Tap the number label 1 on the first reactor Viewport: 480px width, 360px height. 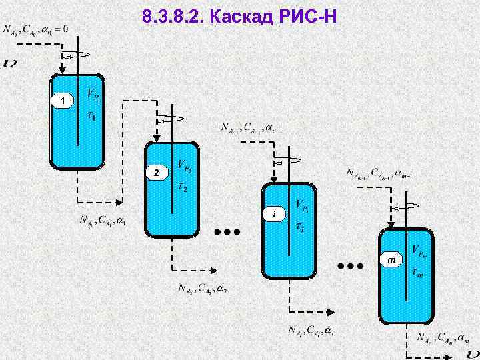pyautogui.click(x=62, y=101)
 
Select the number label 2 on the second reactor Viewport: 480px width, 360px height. pyautogui.click(x=156, y=173)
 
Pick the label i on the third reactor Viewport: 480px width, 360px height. pyautogui.click(x=273, y=214)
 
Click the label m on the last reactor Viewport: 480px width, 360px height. pyautogui.click(x=391, y=259)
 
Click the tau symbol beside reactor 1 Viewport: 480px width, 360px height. pyautogui.click(x=91, y=117)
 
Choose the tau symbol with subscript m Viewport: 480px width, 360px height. pyautogui.click(x=418, y=272)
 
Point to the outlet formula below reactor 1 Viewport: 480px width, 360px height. pyautogui.click(x=103, y=221)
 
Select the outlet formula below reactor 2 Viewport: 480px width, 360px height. pyautogui.click(x=203, y=289)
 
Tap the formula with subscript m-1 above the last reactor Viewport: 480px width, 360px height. pyautogui.click(x=379, y=173)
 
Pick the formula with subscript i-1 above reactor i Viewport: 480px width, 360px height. pyautogui.click(x=250, y=128)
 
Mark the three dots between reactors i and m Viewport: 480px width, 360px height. pyautogui.click(x=350, y=265)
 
